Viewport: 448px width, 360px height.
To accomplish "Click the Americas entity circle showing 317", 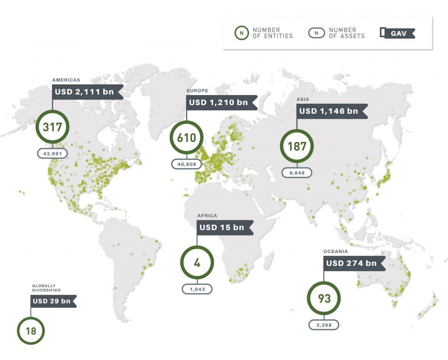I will tap(52, 127).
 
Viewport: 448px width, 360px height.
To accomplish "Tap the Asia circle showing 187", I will tap(297, 146).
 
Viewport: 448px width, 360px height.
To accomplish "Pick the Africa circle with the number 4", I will tap(197, 263).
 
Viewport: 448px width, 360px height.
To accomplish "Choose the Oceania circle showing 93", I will tap(324, 299).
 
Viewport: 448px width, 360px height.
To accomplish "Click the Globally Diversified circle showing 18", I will tap(31, 331).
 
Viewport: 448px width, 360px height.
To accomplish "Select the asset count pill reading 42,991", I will tap(52, 154).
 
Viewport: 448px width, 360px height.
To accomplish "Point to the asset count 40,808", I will tap(187, 164).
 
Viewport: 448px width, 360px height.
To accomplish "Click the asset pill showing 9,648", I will tap(297, 173).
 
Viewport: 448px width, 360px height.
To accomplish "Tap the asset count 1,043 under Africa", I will tap(197, 289).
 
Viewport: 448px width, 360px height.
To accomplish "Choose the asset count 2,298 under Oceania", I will tap(324, 325).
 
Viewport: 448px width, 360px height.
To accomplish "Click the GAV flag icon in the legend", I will tap(397, 33).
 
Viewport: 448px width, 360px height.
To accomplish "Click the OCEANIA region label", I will tap(336, 251).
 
